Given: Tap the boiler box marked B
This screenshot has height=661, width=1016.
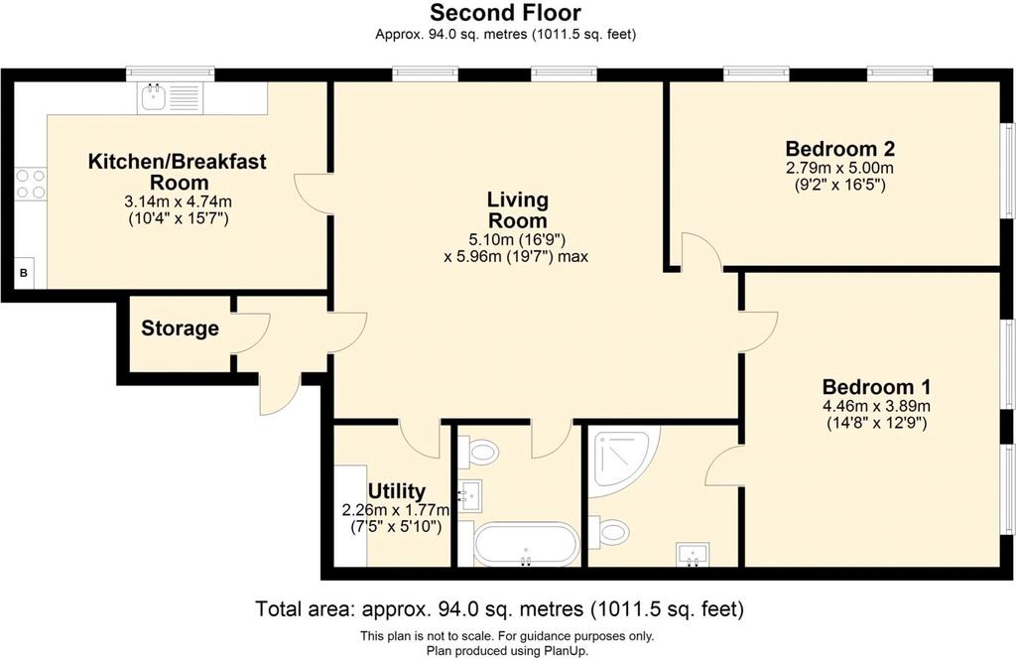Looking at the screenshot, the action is pyautogui.click(x=24, y=273).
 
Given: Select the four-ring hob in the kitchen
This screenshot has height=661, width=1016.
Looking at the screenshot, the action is pyautogui.click(x=31, y=184).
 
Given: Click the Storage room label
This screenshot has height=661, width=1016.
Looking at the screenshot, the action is pyautogui.click(x=181, y=329).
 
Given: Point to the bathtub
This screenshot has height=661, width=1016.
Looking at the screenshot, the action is pyautogui.click(x=526, y=544).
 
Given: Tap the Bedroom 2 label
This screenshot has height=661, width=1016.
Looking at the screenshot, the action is pyautogui.click(x=839, y=149).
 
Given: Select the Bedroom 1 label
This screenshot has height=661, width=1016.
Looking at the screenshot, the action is pyautogui.click(x=877, y=387).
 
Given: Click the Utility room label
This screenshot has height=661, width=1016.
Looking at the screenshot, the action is pyautogui.click(x=397, y=490).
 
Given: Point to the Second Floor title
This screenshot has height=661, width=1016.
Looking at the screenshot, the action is pyautogui.click(x=505, y=12).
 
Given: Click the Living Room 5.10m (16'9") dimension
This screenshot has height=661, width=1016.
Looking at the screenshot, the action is pyautogui.click(x=517, y=240).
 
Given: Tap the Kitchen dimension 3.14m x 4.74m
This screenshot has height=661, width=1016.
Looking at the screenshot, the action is pyautogui.click(x=178, y=201).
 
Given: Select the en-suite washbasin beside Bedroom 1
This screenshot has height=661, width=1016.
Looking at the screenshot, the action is pyautogui.click(x=693, y=554).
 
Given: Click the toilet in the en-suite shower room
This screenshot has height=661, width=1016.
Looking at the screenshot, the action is pyautogui.click(x=608, y=531).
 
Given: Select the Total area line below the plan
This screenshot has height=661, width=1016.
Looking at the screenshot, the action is pyautogui.click(x=499, y=609).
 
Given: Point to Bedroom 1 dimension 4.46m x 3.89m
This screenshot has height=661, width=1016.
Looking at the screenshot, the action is pyautogui.click(x=877, y=407).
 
